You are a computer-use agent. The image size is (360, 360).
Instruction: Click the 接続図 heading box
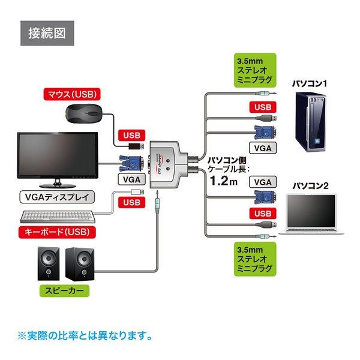point(47,33)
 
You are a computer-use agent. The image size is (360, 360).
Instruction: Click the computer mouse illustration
point(83,114)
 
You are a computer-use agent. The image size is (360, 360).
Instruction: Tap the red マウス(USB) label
point(72,94)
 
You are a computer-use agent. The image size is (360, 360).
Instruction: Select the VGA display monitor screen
point(58,155)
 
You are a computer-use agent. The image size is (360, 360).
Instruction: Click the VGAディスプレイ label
point(57,197)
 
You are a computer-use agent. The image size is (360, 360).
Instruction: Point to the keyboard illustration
point(58,217)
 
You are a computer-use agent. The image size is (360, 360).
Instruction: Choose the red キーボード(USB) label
point(57,232)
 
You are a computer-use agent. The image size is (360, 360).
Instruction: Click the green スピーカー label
point(64,291)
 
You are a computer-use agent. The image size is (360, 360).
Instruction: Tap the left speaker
point(49,263)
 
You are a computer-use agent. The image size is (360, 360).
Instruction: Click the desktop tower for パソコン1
point(310,122)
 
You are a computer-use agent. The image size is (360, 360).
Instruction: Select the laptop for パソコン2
point(311,214)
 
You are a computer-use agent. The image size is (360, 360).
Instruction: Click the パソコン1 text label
point(309,83)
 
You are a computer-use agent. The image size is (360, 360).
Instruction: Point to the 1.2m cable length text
point(224,181)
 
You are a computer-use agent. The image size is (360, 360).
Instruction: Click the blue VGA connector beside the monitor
point(131,163)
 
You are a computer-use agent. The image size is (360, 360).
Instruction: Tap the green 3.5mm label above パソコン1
point(255,70)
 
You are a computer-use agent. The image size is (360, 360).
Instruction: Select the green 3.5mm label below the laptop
point(255,259)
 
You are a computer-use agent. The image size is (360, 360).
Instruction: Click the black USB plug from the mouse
point(136,146)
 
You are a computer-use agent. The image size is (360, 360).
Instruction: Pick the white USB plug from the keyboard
point(137,192)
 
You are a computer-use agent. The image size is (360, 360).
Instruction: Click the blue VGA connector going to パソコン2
point(265,197)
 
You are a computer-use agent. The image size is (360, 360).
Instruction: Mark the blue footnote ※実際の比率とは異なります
point(85,336)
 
